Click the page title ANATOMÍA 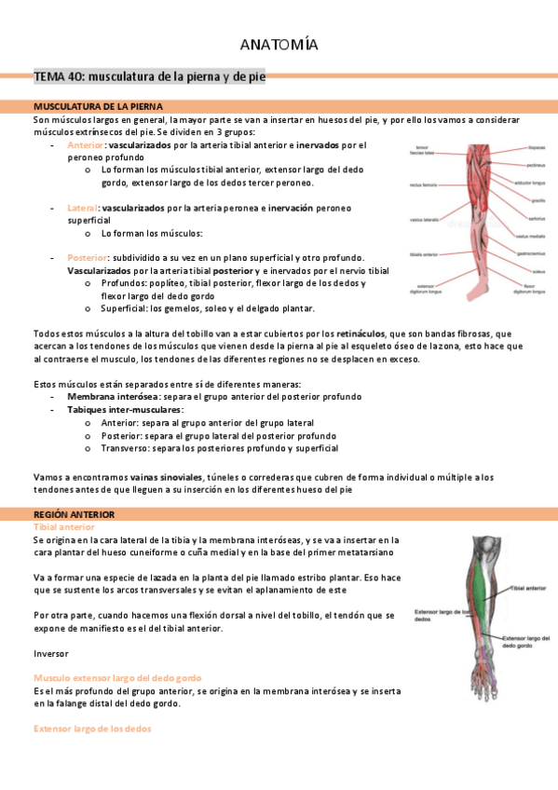coord(279,45)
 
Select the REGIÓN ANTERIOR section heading coord(74,514)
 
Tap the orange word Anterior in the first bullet coord(86,145)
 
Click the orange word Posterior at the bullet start coord(88,257)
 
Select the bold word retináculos coord(364,333)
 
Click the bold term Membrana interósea coord(105,397)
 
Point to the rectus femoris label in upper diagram coord(422,185)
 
